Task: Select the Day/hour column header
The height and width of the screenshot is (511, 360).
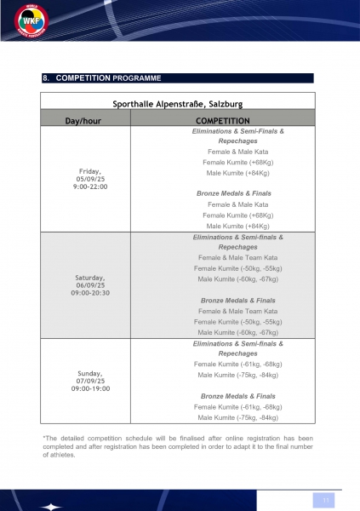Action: coord(84,121)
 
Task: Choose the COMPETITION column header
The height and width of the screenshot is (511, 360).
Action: coord(222,121)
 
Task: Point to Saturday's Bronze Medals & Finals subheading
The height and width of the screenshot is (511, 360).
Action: coord(238,301)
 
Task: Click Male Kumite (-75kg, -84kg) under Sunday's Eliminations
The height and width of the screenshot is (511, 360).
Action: coord(238,375)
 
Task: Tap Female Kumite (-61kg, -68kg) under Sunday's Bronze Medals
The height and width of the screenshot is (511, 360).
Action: coord(238,407)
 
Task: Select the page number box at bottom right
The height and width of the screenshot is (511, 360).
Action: coord(325,499)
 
